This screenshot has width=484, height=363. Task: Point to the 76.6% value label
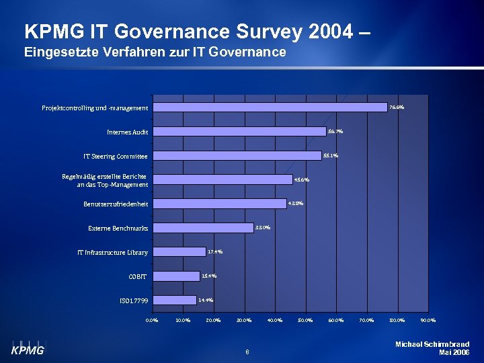pos(397,107)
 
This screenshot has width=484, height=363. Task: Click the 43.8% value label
pos(296,203)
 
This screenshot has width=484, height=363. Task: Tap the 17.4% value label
pos(215,251)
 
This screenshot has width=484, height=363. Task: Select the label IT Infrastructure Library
pos(112,252)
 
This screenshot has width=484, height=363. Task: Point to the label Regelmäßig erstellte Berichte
pos(104,176)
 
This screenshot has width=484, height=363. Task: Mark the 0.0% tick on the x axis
pos(153,320)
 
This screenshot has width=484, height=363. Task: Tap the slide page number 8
pos(247,351)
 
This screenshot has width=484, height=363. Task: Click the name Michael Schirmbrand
pos(432,344)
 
